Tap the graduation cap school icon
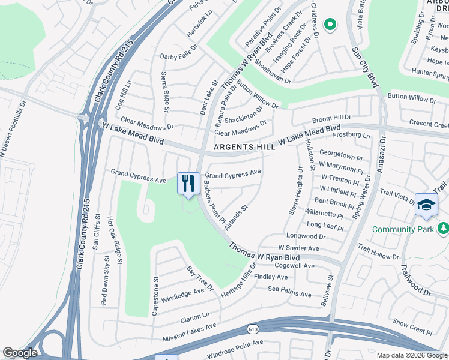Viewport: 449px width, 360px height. coord(426,205)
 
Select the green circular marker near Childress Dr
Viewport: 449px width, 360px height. coord(330,25)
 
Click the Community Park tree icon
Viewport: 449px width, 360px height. coord(443,229)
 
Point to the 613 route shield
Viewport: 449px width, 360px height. coord(253,329)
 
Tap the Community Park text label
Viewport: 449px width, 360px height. coord(402,229)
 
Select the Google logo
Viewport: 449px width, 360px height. coord(20,353)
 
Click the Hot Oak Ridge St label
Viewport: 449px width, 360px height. coord(115,240)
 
